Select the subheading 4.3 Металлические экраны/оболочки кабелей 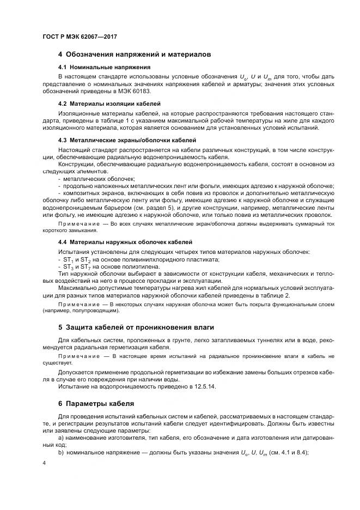click(126, 140)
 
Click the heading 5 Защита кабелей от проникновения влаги click(136, 327)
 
